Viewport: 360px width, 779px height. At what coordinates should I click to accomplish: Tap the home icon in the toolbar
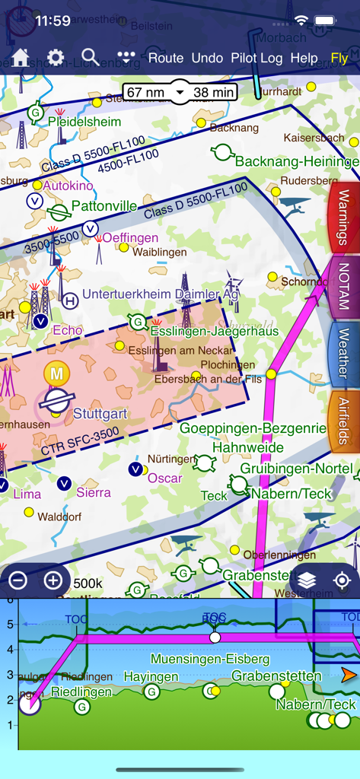[20, 58]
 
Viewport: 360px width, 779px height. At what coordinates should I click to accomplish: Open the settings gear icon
[56, 58]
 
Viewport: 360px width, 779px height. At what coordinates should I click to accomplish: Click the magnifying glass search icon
[90, 57]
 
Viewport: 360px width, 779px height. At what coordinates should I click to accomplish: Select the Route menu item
[166, 58]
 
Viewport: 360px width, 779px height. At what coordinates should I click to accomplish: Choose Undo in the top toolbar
[207, 58]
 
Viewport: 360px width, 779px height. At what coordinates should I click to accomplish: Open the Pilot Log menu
[256, 58]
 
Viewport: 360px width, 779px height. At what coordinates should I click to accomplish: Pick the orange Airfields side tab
[343, 421]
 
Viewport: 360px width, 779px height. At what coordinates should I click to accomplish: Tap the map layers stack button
[307, 580]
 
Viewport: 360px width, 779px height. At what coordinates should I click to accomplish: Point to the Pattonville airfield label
[104, 206]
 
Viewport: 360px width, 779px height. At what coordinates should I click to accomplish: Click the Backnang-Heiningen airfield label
[296, 161]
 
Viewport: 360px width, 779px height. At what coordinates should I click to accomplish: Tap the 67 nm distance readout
[145, 93]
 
